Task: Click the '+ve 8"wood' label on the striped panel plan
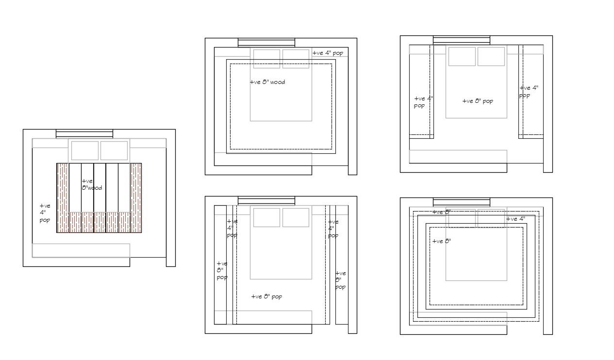coord(91,184)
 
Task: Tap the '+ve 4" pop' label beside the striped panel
coord(45,213)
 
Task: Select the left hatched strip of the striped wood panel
coord(63,197)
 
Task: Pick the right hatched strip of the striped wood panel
coord(136,197)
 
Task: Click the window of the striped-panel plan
coord(84,134)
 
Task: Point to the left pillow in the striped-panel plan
coord(85,150)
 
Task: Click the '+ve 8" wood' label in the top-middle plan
coord(267,82)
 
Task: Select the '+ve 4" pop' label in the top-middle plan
coord(328,53)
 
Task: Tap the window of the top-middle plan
coord(266,43)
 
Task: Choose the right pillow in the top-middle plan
coord(296,59)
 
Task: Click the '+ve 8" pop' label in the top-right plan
coord(478,101)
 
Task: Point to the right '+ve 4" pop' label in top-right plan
coord(528,92)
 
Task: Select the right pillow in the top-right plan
coord(491,56)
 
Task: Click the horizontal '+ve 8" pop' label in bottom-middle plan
coord(266,296)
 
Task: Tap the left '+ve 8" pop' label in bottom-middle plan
coord(222,270)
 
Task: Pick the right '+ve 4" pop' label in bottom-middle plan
coord(333,229)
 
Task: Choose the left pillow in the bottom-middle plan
coord(266,217)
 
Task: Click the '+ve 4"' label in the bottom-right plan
coord(515,219)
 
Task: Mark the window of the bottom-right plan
coord(462,202)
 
